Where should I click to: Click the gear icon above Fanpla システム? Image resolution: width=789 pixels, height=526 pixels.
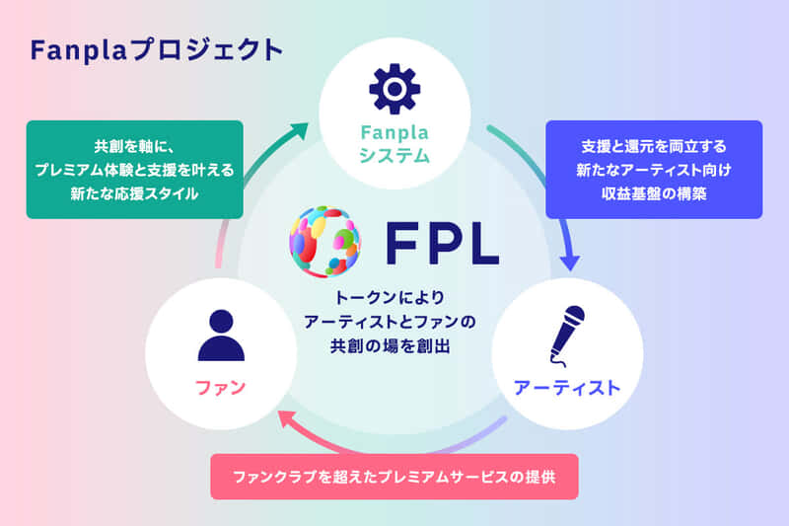[x=394, y=90]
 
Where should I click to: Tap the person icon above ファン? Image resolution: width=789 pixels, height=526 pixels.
[x=221, y=336]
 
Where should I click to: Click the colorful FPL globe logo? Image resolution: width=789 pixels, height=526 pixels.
[x=325, y=241]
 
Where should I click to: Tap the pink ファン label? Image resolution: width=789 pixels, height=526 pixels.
[x=221, y=387]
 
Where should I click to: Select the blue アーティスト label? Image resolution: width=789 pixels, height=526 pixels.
[x=567, y=387]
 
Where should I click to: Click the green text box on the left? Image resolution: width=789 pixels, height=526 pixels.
[x=134, y=169]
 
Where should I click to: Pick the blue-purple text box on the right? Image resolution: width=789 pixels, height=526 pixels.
[x=654, y=169]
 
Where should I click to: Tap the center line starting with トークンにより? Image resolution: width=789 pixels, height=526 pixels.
[x=394, y=297]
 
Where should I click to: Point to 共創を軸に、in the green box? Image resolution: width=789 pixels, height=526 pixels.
[x=134, y=145]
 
